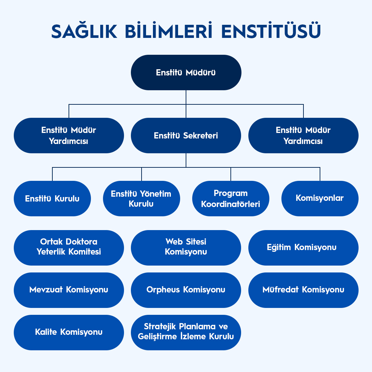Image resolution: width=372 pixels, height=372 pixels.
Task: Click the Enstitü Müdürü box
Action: click(186, 73)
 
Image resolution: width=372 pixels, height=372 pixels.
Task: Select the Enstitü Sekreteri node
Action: click(186, 136)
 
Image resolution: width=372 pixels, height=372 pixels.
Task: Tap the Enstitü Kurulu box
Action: click(52, 199)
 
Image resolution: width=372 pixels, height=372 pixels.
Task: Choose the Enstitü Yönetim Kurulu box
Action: click(141, 199)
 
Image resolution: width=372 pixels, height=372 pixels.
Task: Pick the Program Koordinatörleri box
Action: click(230, 199)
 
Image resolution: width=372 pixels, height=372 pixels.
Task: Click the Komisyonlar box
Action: click(320, 198)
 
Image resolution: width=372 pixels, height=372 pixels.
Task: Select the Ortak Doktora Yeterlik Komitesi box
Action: click(69, 248)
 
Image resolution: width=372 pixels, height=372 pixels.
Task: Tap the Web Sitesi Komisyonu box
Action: click(186, 248)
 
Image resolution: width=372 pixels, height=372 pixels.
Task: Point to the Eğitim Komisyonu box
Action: click(303, 248)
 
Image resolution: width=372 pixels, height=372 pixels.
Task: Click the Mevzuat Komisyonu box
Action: click(69, 290)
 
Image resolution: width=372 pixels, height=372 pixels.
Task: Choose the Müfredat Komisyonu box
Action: click(303, 290)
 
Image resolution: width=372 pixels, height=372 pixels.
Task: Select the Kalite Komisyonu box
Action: click(69, 332)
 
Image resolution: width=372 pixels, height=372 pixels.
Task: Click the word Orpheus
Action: click(163, 290)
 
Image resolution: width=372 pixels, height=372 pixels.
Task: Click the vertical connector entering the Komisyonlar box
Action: click(320, 174)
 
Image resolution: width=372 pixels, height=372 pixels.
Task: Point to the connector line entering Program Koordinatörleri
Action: click(231, 174)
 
